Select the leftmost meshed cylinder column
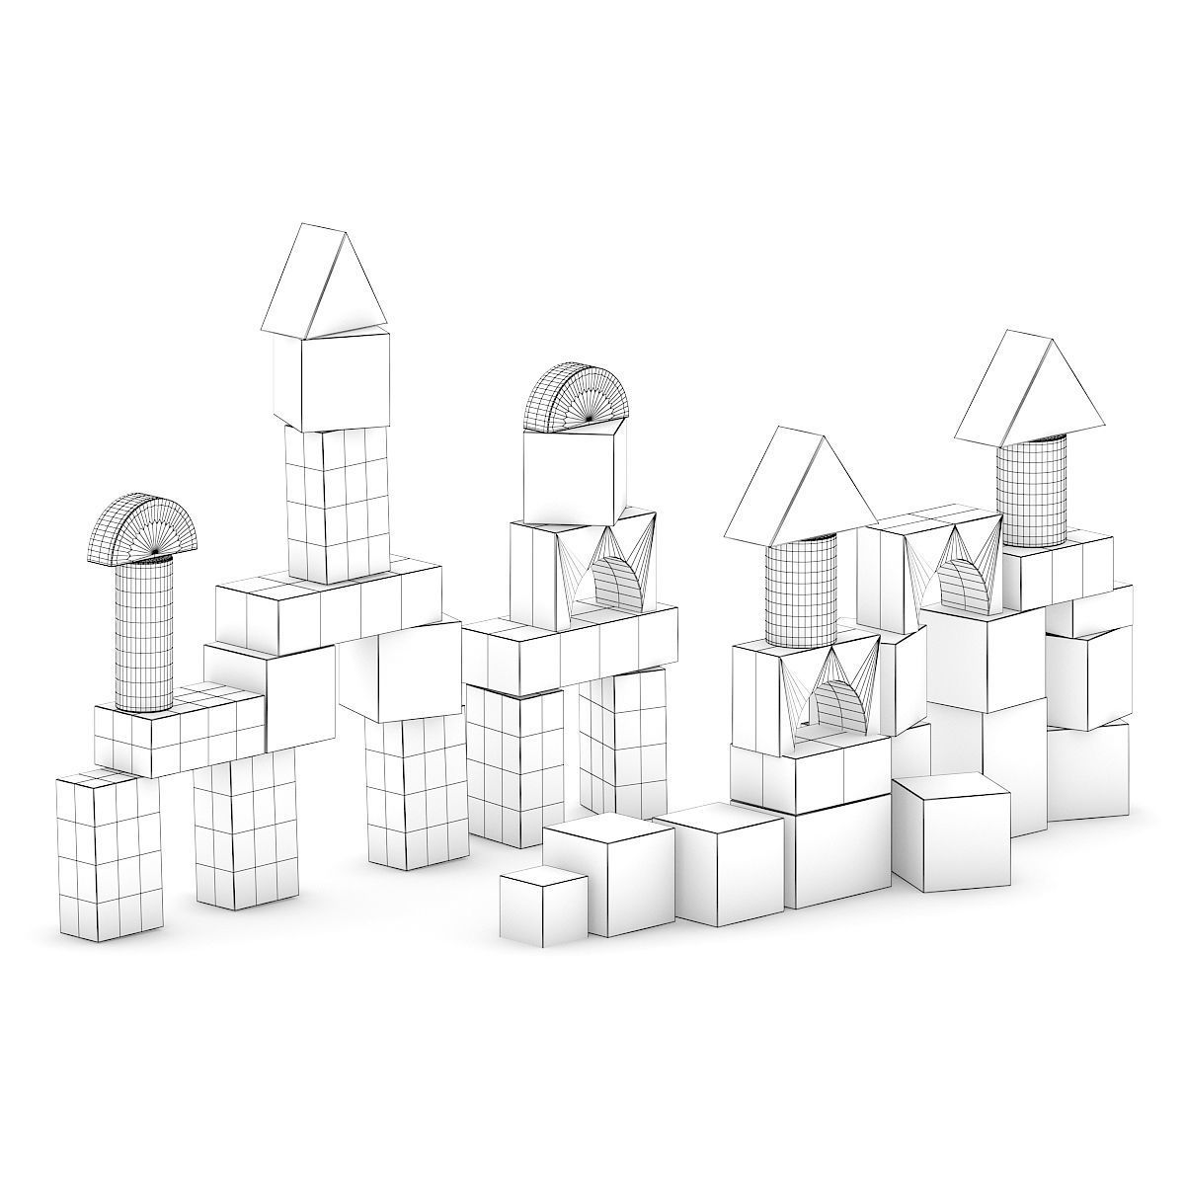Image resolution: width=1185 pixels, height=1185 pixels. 144,632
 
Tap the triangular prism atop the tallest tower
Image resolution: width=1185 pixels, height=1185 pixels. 324,281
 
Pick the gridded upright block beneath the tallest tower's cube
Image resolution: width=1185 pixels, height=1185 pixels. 336,504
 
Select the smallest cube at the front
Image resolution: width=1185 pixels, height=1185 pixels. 543,906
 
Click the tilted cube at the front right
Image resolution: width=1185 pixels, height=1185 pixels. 950,831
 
